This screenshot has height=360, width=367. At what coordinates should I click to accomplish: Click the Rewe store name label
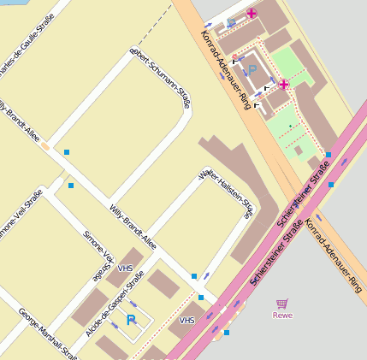click(x=282, y=315)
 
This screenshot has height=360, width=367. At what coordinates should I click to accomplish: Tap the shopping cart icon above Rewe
click(x=282, y=304)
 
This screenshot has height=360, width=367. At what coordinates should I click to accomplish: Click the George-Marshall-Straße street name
click(x=47, y=333)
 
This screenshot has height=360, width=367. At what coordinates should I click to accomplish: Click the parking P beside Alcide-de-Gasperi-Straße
click(x=131, y=320)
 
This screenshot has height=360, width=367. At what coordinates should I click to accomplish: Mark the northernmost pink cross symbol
click(x=252, y=15)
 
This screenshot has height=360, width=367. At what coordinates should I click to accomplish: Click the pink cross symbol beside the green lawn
click(x=283, y=84)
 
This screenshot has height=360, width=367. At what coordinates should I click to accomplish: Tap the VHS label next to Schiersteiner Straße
click(x=186, y=321)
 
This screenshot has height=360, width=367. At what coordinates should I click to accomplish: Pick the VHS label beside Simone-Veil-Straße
click(x=125, y=269)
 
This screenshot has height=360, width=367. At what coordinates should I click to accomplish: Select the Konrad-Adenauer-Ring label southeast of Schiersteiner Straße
click(x=334, y=256)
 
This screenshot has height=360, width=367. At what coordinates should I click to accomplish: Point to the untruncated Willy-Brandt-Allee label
click(x=133, y=225)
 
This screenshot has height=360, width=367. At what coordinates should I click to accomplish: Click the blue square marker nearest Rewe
click(x=226, y=333)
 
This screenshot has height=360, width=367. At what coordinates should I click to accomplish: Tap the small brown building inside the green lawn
click(x=298, y=150)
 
